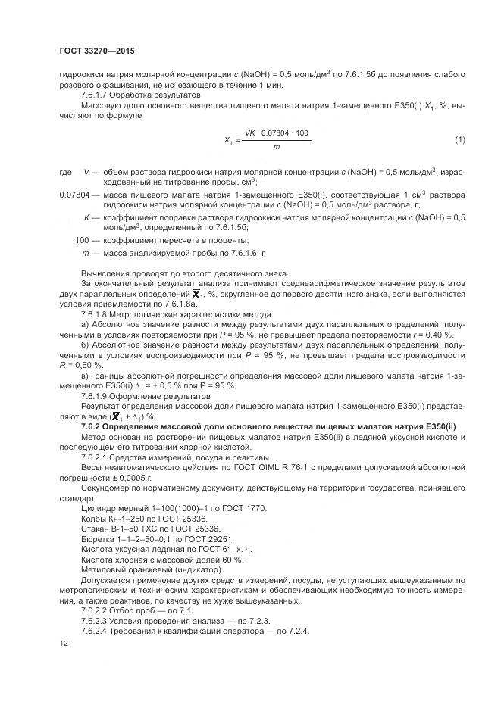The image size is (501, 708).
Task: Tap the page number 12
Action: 64,643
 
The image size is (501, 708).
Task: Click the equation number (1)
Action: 459,140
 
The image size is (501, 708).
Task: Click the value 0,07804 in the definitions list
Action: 74,195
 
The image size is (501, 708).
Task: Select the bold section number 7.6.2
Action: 92,428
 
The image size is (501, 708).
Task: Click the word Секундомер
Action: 105,489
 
